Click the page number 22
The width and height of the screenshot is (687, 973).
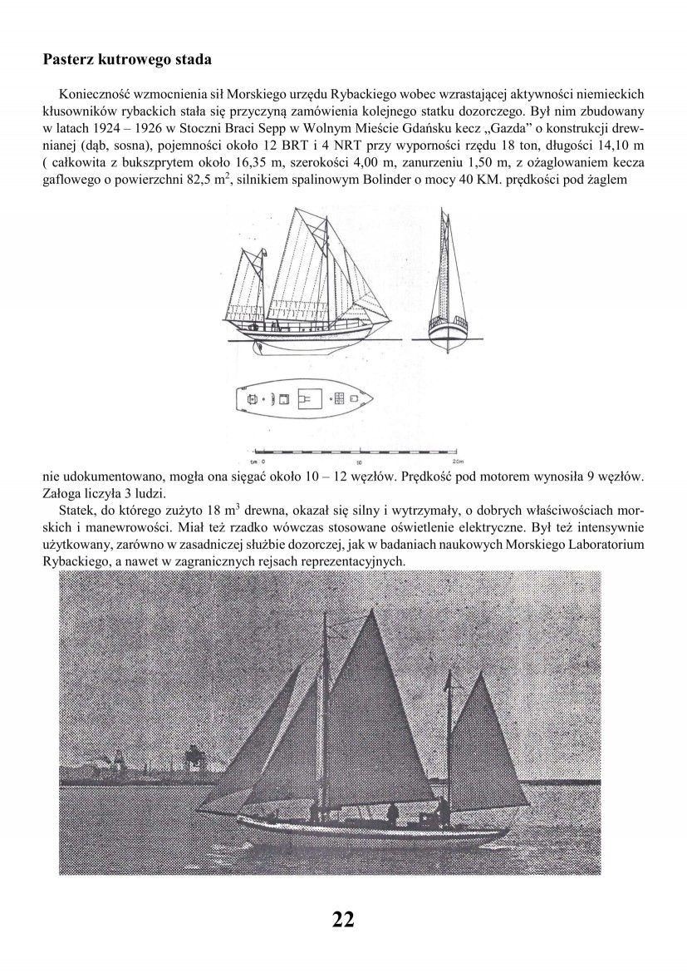point(343,919)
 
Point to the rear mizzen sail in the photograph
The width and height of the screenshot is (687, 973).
point(490,732)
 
